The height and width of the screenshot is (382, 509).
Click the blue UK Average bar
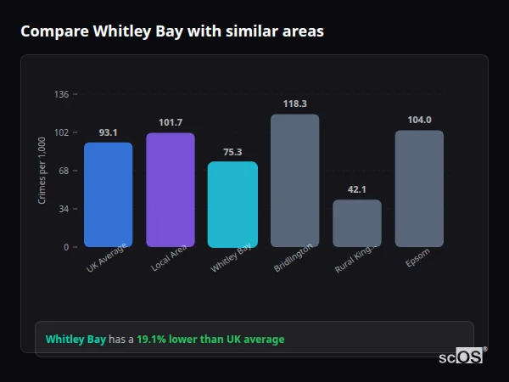coord(108,194)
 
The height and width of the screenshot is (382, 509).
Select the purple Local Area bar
coord(171,189)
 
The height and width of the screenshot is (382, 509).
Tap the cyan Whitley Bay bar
coord(232,204)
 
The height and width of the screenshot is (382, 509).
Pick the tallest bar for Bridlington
coord(294,180)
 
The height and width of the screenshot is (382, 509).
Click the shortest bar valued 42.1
coord(357,223)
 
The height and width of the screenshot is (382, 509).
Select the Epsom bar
coord(419,188)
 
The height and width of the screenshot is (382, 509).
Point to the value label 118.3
coord(294,104)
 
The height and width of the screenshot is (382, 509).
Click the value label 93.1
coord(108,132)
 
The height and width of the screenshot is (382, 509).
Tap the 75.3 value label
coord(232,152)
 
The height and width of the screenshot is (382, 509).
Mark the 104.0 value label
coord(419,120)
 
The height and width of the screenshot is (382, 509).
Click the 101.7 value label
coord(171,122)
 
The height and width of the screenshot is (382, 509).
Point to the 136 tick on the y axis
coord(61,94)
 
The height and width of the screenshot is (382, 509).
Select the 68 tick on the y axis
coord(64,171)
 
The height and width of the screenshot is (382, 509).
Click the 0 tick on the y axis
coord(66,247)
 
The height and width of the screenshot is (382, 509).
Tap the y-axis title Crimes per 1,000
coord(42,170)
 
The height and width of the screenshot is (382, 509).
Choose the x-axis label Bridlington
coord(294,258)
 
